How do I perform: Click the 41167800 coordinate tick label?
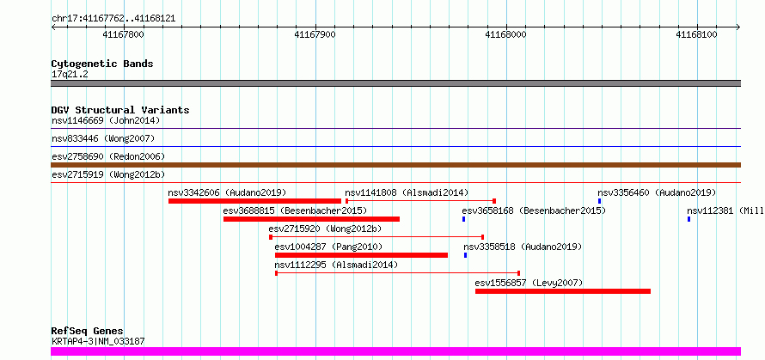click(x=124, y=34)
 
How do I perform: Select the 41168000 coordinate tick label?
click(x=506, y=34)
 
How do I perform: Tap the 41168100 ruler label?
click(x=697, y=34)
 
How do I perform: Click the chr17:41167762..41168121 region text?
click(x=113, y=19)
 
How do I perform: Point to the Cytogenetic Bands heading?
click(x=102, y=64)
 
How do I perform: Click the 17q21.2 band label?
click(x=70, y=75)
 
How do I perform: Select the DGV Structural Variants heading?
click(x=120, y=110)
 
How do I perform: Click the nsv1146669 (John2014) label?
click(x=106, y=120)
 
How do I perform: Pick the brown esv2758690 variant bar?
click(x=395, y=165)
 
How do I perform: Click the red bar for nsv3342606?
click(x=254, y=201)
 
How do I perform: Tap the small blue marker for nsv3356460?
click(x=600, y=201)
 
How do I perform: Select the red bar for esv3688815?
click(x=311, y=219)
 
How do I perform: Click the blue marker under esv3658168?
click(x=463, y=219)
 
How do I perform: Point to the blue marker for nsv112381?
click(x=688, y=219)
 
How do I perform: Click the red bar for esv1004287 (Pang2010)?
click(x=361, y=255)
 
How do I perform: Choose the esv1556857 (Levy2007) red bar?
click(x=563, y=291)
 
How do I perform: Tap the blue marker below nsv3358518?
click(x=465, y=255)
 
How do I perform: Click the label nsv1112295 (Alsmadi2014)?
click(x=336, y=265)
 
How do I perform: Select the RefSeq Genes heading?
click(x=88, y=332)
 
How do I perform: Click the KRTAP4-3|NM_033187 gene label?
click(x=98, y=341)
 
